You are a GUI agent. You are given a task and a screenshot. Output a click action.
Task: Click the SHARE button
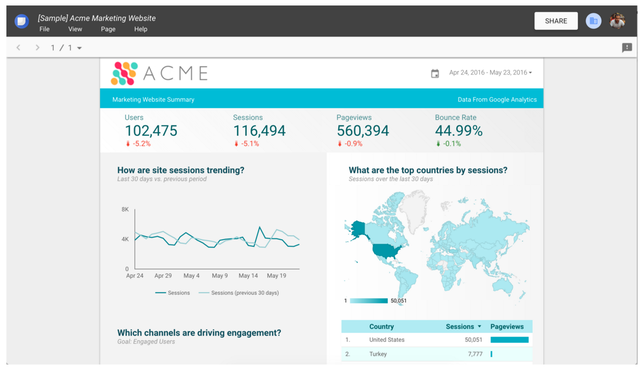[556, 21]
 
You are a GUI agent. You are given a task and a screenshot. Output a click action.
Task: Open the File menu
[44, 29]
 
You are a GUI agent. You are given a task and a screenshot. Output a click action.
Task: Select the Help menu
[141, 29]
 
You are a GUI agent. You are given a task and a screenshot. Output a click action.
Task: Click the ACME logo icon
[124, 74]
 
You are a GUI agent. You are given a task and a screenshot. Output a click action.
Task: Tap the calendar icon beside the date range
[435, 74]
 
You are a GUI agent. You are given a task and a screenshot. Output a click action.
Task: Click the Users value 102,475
[151, 131]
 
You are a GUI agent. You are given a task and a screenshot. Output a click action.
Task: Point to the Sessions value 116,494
[259, 131]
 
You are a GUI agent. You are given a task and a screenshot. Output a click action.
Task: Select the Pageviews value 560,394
[363, 131]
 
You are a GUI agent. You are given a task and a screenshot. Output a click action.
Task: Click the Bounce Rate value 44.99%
[459, 131]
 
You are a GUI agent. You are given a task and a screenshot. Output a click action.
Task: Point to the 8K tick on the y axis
[125, 210]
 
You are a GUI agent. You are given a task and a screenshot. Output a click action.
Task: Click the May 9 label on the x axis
[220, 276]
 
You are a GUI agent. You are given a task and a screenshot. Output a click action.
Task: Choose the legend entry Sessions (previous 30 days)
[245, 293]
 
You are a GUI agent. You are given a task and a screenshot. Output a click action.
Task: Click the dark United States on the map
[387, 250]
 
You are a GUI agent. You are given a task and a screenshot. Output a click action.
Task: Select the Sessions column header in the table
[460, 327]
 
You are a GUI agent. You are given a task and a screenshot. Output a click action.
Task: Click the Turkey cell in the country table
[378, 354]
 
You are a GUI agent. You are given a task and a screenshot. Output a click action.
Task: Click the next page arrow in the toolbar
[37, 48]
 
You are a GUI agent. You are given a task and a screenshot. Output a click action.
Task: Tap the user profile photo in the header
[617, 21]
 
